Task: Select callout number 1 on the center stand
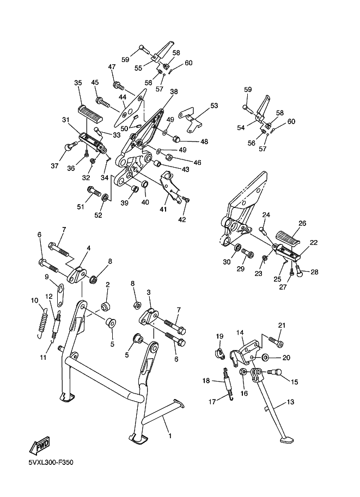point(170,436)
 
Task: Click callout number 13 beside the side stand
point(290,402)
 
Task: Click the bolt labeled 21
point(276,341)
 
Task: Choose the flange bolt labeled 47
point(119,85)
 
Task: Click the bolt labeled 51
point(93,191)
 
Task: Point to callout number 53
point(214,106)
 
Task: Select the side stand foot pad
point(286,440)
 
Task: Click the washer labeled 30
point(236,247)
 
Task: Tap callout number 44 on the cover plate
point(123,97)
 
